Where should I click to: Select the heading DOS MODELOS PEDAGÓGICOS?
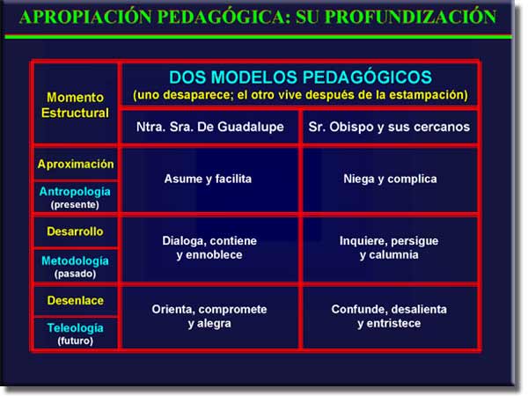click(x=300, y=77)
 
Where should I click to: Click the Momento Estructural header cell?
click(x=75, y=105)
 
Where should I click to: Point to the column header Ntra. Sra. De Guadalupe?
click(x=210, y=127)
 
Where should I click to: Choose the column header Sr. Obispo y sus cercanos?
click(x=389, y=127)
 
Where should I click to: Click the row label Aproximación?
click(x=76, y=164)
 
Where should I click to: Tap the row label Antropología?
click(x=75, y=192)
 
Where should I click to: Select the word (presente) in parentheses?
click(x=75, y=205)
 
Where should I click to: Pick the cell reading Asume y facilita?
click(x=208, y=179)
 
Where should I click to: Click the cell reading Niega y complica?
click(x=390, y=179)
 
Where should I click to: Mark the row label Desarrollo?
click(x=75, y=231)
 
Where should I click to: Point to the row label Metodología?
click(x=75, y=260)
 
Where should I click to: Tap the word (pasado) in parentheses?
click(x=75, y=274)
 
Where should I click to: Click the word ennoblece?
click(x=214, y=255)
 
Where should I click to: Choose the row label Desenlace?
click(x=76, y=300)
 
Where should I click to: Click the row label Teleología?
click(x=75, y=328)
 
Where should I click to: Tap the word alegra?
click(x=214, y=324)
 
